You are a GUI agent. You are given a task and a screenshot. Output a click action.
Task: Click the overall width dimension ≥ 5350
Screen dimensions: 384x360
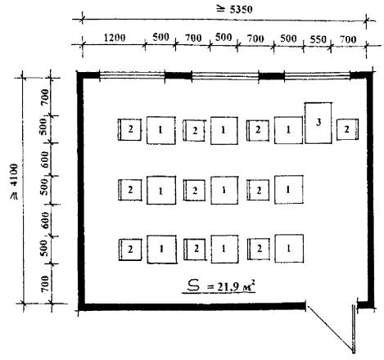tap(234, 10)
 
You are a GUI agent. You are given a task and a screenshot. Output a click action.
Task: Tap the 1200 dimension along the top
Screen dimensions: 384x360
tap(115, 38)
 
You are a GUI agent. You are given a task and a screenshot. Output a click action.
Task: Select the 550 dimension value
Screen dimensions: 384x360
tap(318, 39)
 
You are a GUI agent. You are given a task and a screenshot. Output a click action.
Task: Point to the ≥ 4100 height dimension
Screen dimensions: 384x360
tap(13, 182)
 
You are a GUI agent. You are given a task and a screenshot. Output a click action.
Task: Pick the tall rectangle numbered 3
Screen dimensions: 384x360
tap(318, 123)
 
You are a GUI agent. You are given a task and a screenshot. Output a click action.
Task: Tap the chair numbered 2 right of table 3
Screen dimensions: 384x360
tap(347, 129)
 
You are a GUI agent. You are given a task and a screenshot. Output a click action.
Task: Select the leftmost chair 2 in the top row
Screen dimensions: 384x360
tap(129, 129)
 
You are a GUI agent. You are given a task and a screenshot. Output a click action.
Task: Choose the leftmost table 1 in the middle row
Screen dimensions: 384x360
tap(161, 190)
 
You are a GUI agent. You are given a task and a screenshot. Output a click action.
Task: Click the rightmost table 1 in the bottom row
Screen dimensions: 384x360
tap(289, 249)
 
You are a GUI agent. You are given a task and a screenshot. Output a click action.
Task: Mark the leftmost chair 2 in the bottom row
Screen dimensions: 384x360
tap(130, 250)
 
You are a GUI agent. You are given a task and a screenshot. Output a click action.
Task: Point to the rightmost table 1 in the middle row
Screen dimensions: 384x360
tap(288, 190)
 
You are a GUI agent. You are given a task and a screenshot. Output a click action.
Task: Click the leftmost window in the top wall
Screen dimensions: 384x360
tap(132, 75)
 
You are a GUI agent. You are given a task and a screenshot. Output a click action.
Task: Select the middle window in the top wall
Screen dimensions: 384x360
tap(225, 75)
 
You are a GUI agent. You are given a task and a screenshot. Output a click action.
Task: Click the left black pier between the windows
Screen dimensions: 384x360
tap(178, 75)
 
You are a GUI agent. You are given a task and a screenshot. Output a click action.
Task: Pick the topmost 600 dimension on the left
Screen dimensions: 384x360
tap(45, 160)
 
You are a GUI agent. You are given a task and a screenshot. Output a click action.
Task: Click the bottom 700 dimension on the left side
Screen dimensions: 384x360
tap(46, 284)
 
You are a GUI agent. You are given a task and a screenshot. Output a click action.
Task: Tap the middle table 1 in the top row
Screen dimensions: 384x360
tap(224, 130)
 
